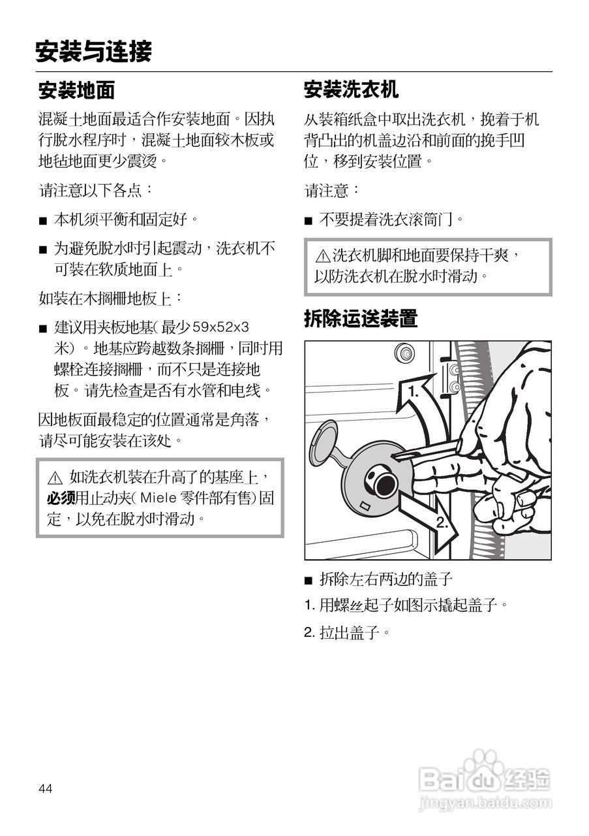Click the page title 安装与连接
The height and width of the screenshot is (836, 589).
(93, 52)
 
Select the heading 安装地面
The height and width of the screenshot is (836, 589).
(76, 90)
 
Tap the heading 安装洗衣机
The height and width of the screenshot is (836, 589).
(351, 89)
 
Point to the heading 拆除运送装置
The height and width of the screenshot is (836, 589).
(360, 319)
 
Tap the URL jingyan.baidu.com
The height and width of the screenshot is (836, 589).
(486, 801)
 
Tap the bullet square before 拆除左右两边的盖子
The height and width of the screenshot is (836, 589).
(309, 580)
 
